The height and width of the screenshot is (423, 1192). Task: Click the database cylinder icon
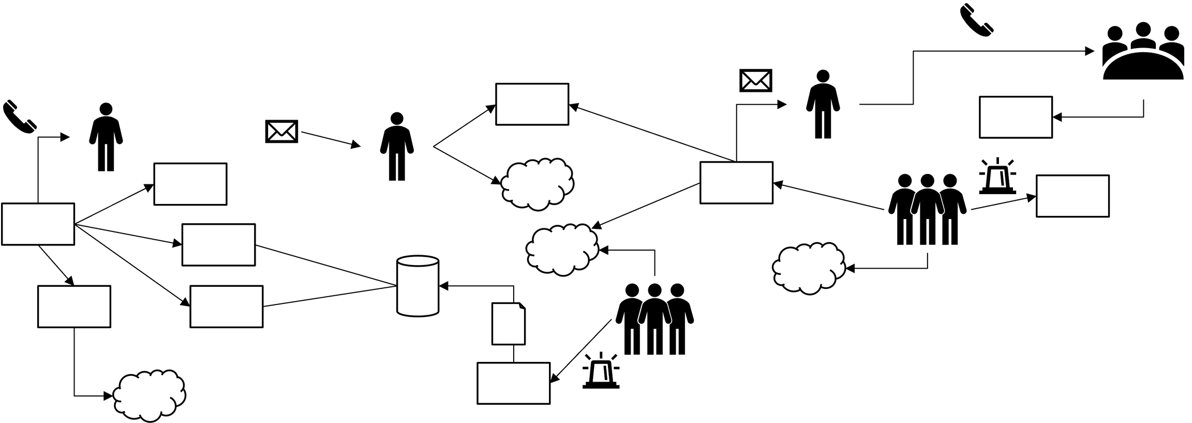click(x=418, y=285)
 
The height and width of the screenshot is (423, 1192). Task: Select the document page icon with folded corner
click(x=508, y=324)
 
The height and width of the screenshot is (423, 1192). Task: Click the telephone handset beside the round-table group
click(x=976, y=20)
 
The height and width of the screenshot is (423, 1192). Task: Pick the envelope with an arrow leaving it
click(x=281, y=132)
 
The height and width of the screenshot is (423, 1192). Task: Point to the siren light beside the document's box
click(x=601, y=371)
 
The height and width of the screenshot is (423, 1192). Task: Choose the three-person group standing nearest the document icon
click(x=654, y=319)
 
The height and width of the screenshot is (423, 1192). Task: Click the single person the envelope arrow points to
click(x=397, y=146)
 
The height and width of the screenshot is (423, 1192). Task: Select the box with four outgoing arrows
click(x=38, y=224)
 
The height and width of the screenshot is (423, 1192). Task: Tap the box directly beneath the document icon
click(x=513, y=383)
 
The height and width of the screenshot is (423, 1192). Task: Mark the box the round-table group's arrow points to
click(x=1016, y=117)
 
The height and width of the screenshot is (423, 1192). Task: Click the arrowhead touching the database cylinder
click(x=443, y=285)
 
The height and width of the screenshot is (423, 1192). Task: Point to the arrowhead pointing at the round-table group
click(x=1089, y=51)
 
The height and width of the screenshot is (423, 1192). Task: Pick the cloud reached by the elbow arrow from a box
click(x=150, y=396)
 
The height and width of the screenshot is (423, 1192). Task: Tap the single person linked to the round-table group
click(x=823, y=104)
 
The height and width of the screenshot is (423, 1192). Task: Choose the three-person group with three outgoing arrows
click(x=927, y=209)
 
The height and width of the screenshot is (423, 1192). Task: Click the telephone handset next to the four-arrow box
click(x=20, y=117)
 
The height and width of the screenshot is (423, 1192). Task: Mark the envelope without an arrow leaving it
click(x=755, y=80)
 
